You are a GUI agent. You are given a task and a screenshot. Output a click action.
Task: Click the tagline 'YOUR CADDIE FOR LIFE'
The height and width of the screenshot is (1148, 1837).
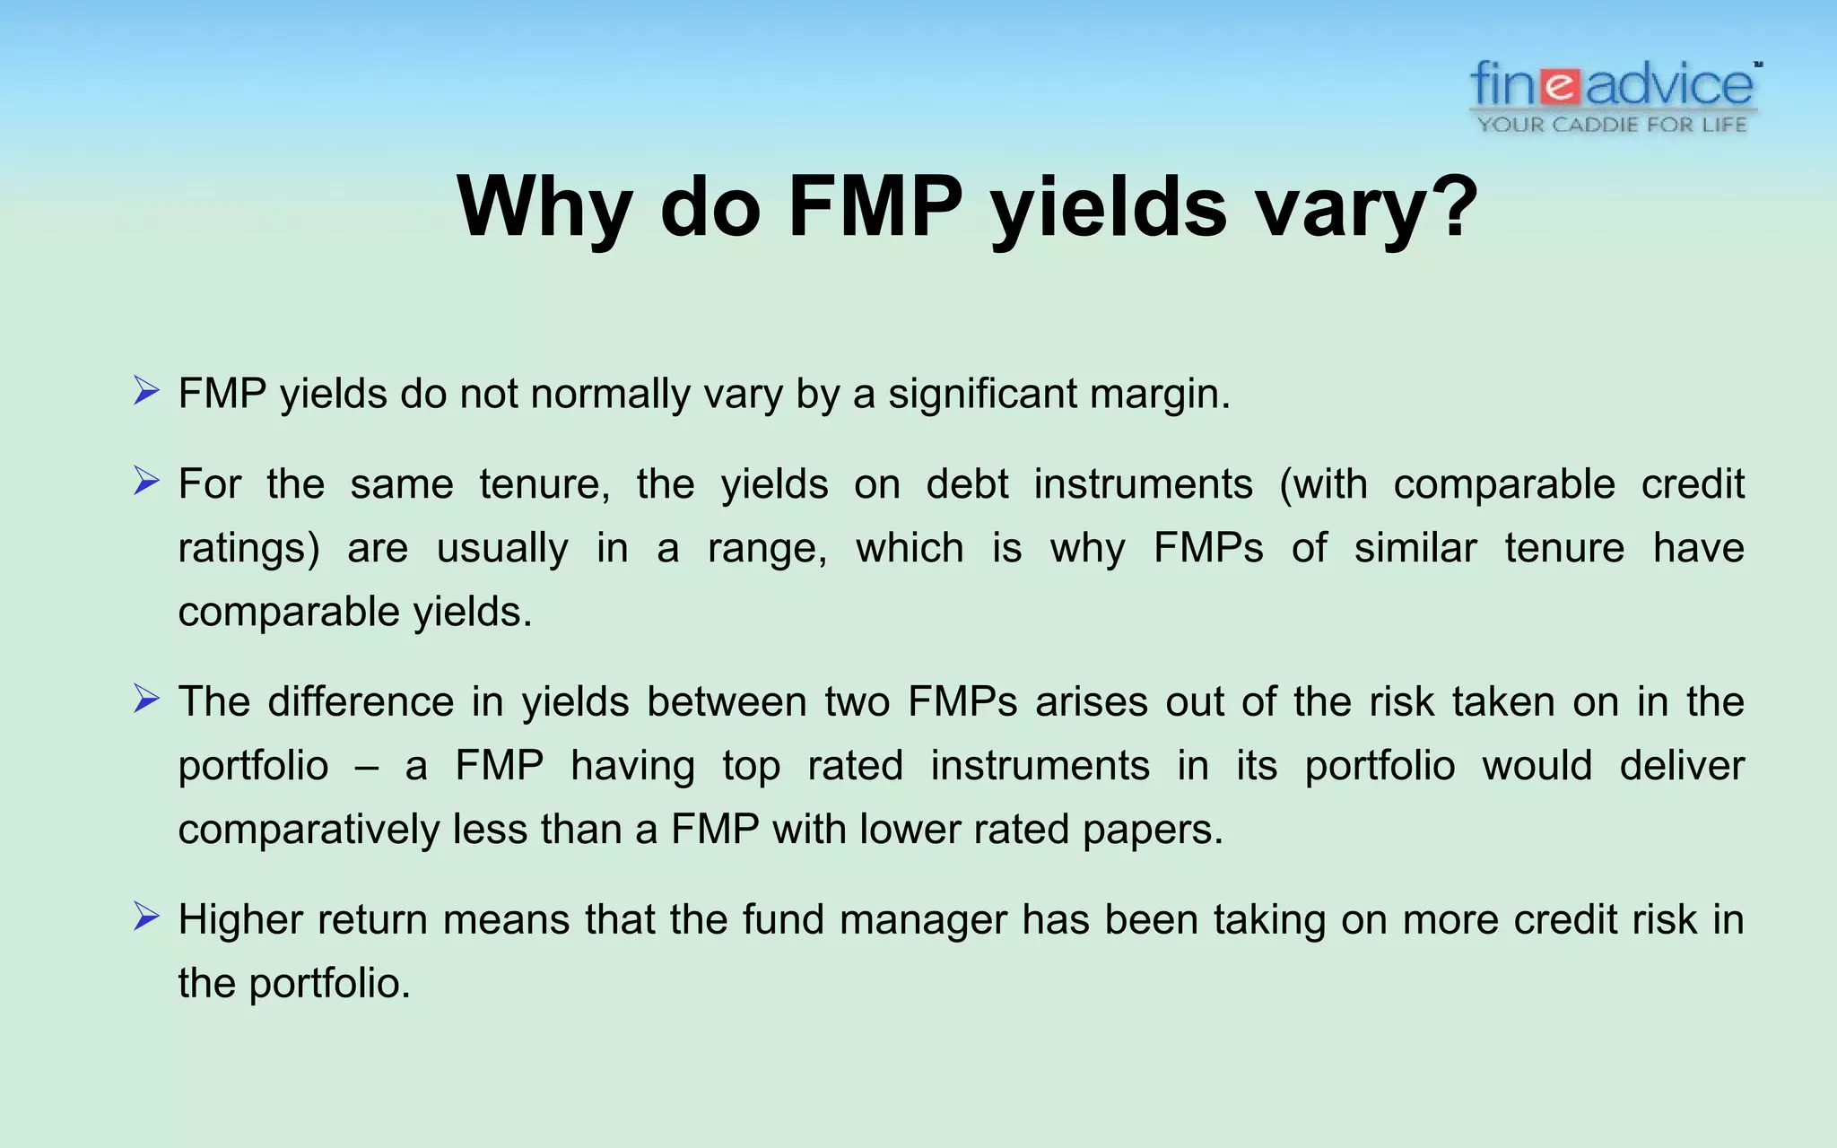point(1612,125)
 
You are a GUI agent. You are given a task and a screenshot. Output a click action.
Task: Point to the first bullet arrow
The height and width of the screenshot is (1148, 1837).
point(145,391)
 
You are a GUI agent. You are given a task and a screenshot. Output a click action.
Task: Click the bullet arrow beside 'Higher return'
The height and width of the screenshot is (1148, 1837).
point(145,917)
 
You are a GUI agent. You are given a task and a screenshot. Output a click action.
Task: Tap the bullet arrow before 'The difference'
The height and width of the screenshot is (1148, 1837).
point(145,699)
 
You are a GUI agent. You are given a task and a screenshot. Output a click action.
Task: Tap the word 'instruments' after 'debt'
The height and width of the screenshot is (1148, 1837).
point(1143,484)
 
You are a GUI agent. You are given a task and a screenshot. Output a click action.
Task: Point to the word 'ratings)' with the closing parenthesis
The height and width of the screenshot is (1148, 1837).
point(248,548)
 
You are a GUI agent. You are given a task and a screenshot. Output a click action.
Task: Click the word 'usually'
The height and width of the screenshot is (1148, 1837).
point(502,548)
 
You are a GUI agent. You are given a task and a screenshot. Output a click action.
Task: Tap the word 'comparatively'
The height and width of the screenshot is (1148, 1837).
point(309,830)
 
